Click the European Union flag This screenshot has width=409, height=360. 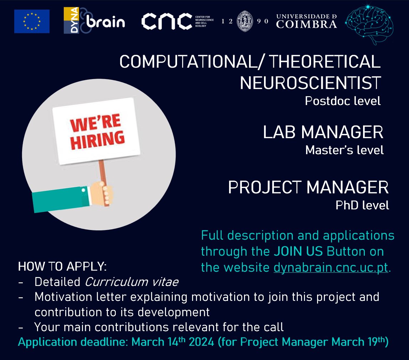(32, 21)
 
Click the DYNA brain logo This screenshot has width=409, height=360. (94, 21)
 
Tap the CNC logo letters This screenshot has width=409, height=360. (167, 22)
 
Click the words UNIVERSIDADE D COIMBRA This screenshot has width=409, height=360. (306, 21)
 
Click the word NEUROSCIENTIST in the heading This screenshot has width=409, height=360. (310, 83)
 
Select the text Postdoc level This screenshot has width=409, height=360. (342, 101)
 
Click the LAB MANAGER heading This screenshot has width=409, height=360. (323, 132)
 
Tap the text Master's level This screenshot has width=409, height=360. (344, 150)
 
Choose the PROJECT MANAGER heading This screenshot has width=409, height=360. (308, 188)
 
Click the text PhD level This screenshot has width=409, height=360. (362, 205)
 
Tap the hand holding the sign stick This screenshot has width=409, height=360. (104, 194)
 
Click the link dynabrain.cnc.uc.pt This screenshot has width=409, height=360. (330, 267)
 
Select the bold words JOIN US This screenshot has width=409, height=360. (298, 251)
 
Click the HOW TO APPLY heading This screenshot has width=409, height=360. (62, 266)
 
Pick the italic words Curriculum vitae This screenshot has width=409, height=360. (131, 282)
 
